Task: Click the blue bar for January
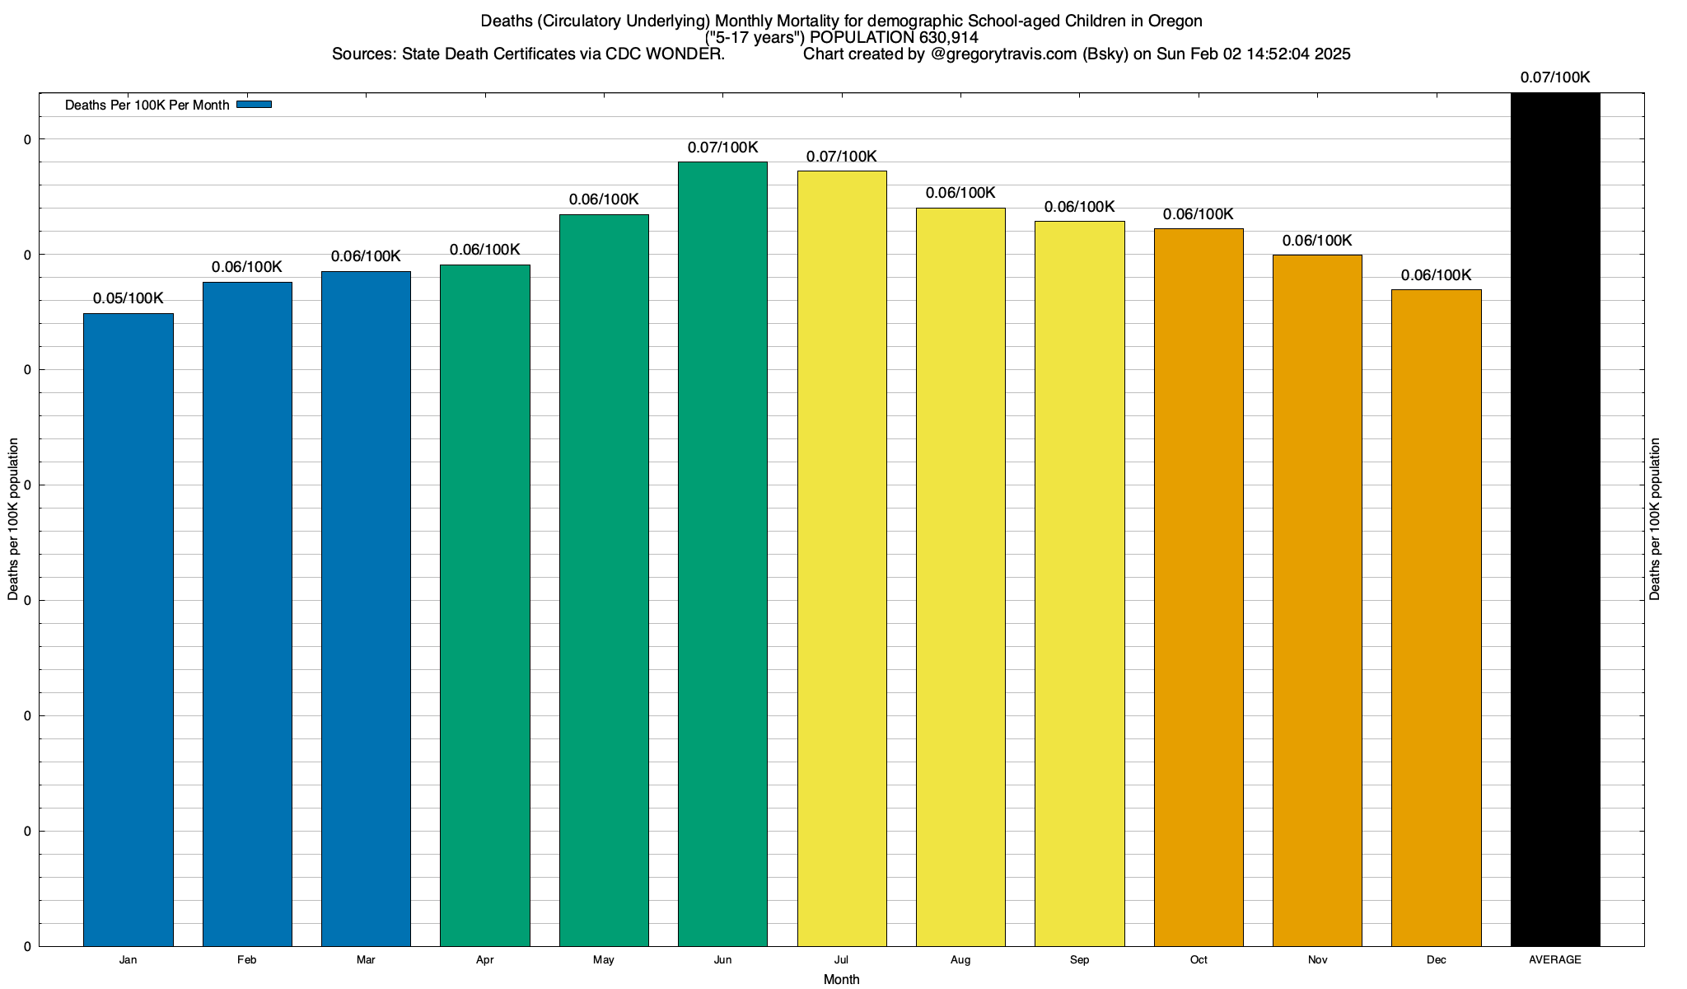129,630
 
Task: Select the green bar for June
722,554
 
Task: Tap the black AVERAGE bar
1555,519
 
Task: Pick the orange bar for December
1436,617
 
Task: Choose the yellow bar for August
960,577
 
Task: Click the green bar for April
485,605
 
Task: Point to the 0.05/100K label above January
129,298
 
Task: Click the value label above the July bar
841,157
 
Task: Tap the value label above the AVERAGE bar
1555,78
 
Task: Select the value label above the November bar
1317,241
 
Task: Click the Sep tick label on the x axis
1079,960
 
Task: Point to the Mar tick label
366,960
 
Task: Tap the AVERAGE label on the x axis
1555,960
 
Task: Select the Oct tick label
1199,960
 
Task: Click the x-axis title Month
841,980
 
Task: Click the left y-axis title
13,519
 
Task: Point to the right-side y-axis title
1655,519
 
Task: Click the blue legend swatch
254,105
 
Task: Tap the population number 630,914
945,37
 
